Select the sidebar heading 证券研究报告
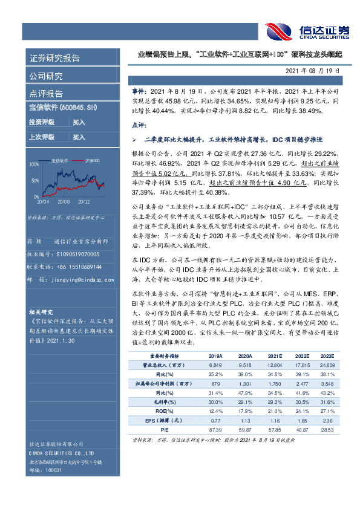coord(54,59)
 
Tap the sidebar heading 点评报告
coord(46,93)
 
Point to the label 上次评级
coord(42,137)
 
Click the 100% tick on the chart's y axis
coord(34,164)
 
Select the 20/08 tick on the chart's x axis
coord(63,202)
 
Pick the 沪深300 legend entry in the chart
coord(93,160)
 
